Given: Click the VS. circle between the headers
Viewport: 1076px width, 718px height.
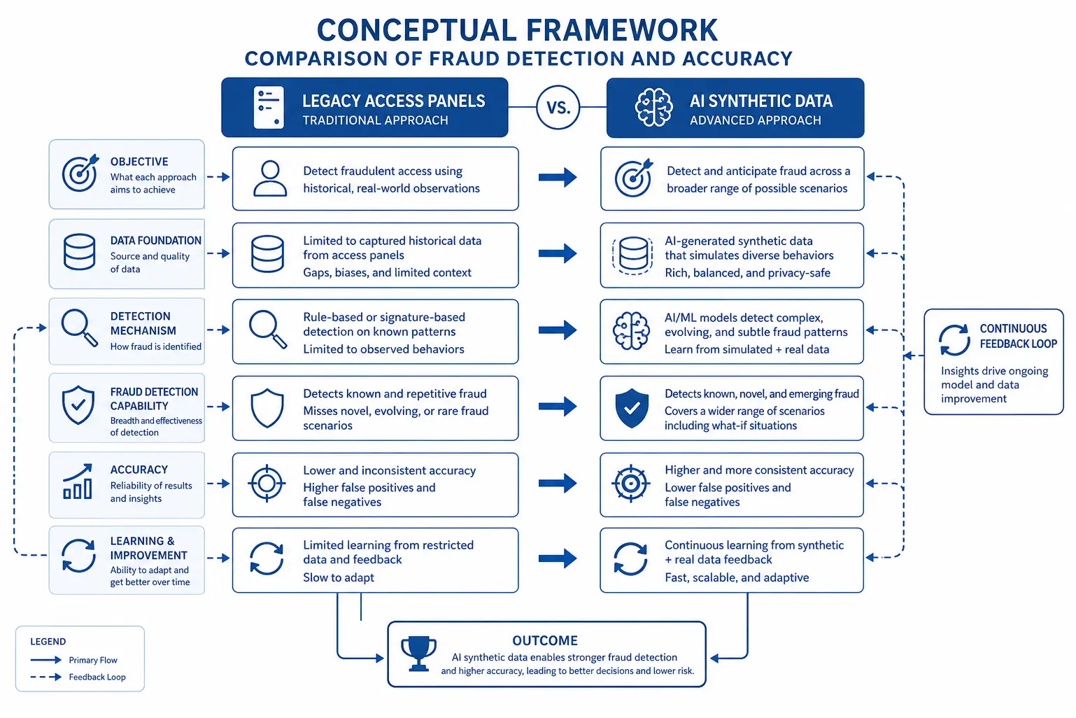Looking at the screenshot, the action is click(x=558, y=107).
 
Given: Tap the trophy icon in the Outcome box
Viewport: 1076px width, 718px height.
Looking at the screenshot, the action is click(x=418, y=654).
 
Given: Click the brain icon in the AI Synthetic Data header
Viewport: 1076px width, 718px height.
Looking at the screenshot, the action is click(x=653, y=107).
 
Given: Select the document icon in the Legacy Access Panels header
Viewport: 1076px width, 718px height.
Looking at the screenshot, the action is click(x=269, y=107).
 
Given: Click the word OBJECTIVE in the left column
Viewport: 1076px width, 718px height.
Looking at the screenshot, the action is click(x=139, y=162).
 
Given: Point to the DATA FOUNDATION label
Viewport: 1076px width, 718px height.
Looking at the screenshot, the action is click(x=155, y=240).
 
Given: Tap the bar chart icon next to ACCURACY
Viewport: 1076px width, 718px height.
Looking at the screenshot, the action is click(x=78, y=481).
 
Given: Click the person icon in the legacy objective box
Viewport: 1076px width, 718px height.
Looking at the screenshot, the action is click(x=270, y=178).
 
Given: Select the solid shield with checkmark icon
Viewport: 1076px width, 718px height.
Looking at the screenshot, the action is click(x=632, y=408).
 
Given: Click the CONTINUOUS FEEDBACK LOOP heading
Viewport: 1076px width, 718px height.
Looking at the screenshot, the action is click(x=1019, y=336).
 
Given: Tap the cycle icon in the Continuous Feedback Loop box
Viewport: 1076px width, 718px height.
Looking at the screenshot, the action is click(x=954, y=340).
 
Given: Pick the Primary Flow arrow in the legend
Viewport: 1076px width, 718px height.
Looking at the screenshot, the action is click(x=46, y=660).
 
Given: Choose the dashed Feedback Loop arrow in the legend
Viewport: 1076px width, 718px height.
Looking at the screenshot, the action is click(x=46, y=677).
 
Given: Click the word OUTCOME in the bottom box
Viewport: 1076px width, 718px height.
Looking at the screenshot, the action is click(x=545, y=640).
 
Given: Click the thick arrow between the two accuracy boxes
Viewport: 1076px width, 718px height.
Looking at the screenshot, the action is click(x=557, y=483).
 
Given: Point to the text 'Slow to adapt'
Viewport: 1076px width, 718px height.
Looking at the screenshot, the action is click(x=338, y=577).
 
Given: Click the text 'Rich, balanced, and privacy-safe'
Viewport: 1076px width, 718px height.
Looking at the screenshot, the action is click(x=747, y=273).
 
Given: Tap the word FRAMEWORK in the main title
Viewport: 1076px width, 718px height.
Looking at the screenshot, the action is click(x=622, y=30).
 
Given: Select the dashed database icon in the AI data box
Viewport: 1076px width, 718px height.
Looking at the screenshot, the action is click(x=632, y=255).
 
